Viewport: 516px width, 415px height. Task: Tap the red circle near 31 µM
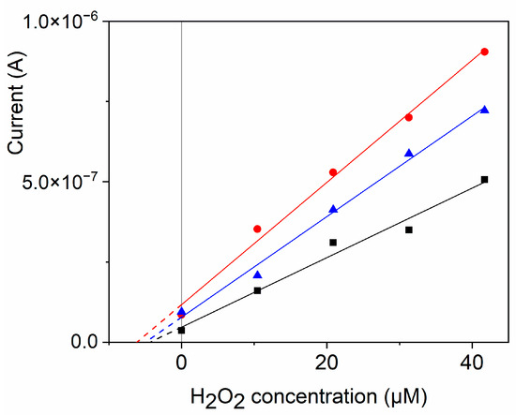pyautogui.click(x=408, y=117)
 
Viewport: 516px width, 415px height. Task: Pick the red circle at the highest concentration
pyautogui.click(x=484, y=52)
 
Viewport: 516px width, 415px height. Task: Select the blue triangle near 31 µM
pyautogui.click(x=408, y=153)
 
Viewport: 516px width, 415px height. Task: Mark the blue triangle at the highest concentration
pyautogui.click(x=484, y=110)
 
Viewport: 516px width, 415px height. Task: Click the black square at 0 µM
pyautogui.click(x=181, y=330)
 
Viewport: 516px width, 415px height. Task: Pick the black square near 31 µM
pyautogui.click(x=408, y=230)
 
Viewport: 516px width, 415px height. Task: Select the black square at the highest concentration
pyautogui.click(x=484, y=179)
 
